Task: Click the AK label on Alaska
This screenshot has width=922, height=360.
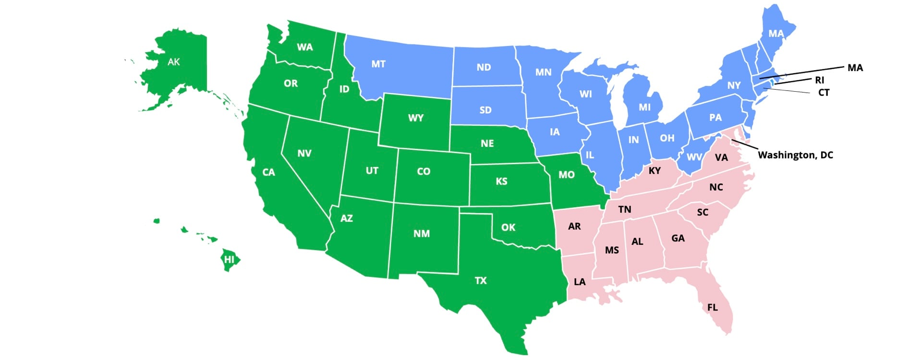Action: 174,61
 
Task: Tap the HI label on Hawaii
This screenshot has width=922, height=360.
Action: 230,260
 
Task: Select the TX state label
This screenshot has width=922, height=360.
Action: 481,281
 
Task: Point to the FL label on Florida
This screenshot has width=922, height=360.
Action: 713,307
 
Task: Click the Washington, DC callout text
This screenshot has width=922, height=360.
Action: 795,155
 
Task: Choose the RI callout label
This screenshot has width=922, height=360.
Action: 820,80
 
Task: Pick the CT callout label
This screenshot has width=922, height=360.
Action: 824,93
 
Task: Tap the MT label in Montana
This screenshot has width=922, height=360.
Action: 378,64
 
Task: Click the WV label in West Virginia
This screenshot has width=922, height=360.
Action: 694,157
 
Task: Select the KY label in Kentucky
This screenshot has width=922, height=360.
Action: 655,170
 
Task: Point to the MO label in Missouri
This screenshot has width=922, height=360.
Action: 567,175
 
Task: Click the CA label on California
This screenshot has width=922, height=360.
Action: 269,172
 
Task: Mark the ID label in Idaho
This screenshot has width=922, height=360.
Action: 344,89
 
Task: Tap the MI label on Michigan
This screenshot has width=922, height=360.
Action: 645,108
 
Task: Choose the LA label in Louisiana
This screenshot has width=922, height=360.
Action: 580,282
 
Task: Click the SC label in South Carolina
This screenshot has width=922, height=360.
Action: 703,212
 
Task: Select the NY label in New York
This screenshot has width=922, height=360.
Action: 734,85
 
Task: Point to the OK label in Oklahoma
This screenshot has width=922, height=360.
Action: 508,227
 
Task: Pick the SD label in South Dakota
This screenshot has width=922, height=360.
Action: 485,110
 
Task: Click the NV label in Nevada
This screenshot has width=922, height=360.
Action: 304,153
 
